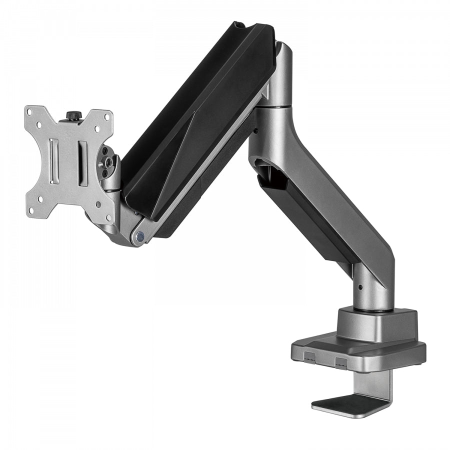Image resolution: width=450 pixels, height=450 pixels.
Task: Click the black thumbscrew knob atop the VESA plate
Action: [73, 116]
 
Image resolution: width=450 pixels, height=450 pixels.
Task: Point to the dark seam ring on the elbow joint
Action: [278, 106]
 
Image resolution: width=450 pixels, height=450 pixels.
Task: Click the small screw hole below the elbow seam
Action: [256, 131]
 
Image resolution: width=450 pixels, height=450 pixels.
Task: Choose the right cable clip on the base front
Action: [341, 360]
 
